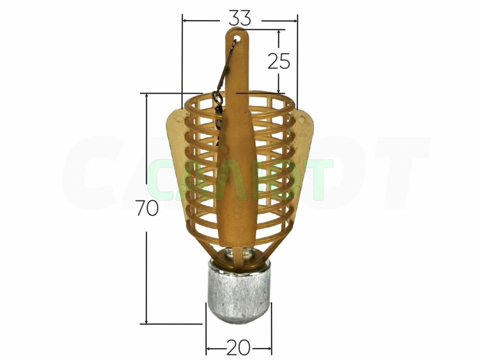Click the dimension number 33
240,18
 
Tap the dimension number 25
278,61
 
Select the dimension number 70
147,209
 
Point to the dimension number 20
239,347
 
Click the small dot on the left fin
179,118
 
